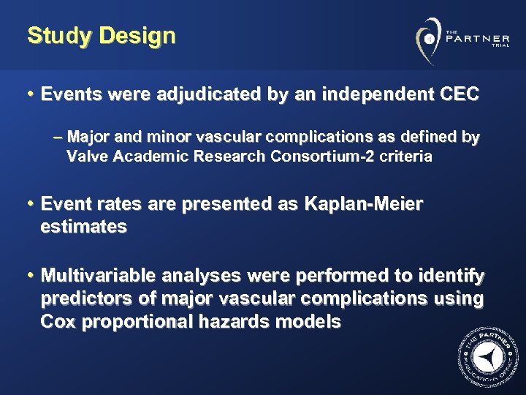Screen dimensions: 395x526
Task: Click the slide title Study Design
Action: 102,35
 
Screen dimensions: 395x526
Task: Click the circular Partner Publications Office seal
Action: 484,356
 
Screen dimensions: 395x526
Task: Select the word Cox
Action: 59,322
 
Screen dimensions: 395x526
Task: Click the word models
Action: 312,322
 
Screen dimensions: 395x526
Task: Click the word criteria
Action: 405,156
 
